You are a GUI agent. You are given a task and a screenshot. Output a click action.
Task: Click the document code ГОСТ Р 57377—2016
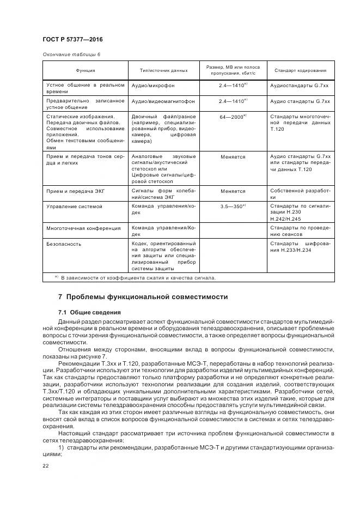click(x=73, y=40)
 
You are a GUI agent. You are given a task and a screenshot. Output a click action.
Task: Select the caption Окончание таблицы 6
click(x=71, y=54)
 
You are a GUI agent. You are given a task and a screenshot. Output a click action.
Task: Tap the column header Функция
click(x=86, y=70)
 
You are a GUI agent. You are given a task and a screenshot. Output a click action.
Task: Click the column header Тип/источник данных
click(x=164, y=70)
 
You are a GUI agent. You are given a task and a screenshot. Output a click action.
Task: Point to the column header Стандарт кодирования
click(x=301, y=70)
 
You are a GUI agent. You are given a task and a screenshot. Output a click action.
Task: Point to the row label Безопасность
click(x=64, y=244)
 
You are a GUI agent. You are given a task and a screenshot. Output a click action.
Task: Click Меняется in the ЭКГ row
click(x=233, y=191)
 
